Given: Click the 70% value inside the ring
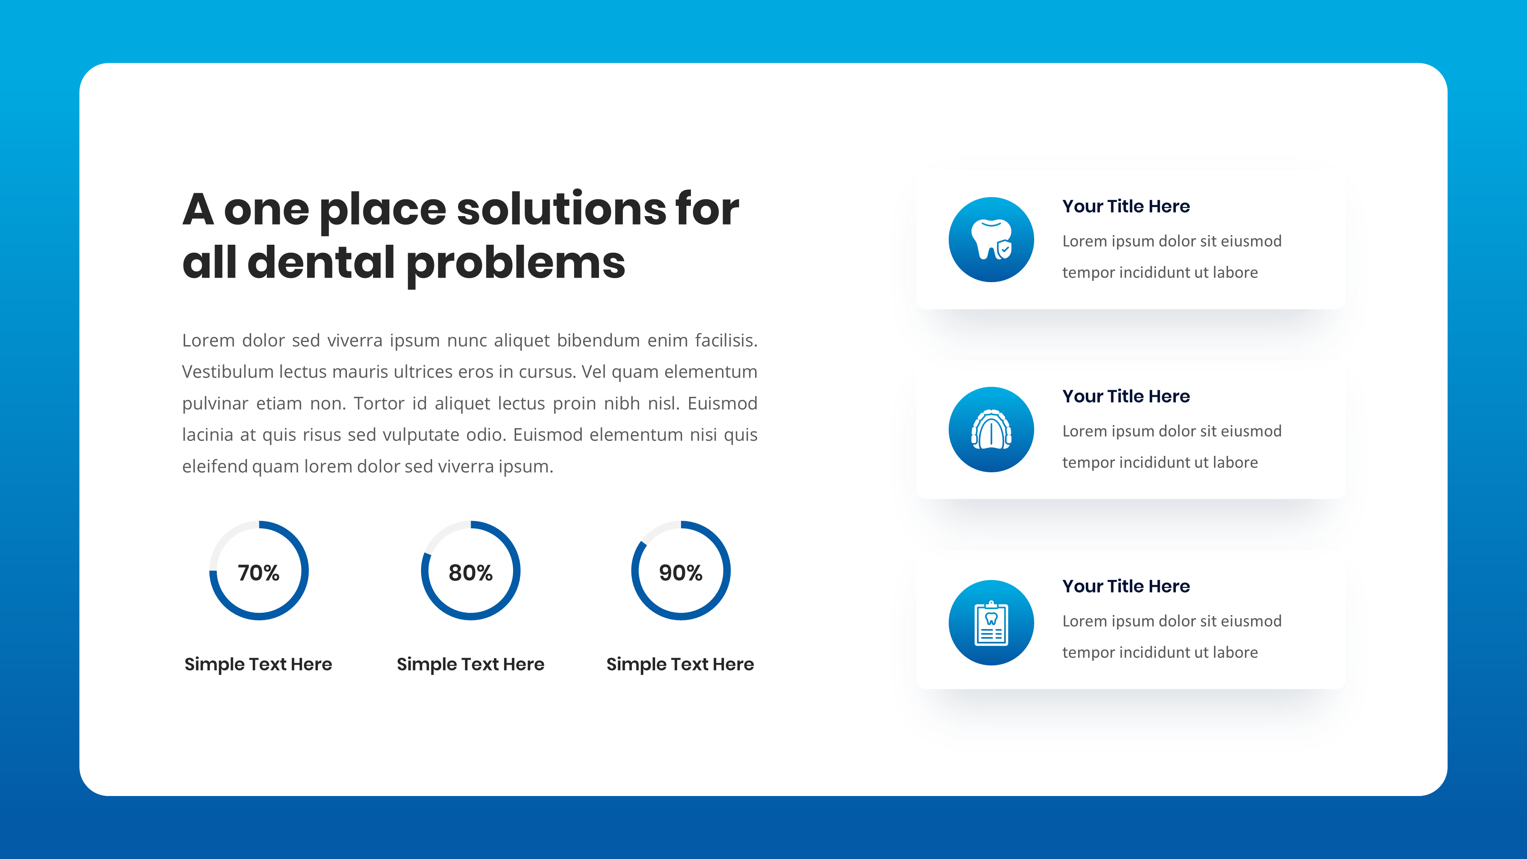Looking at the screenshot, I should pos(258,573).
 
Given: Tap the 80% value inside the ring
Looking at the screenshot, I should pos(470,573).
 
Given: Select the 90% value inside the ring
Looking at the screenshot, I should pos(681,573).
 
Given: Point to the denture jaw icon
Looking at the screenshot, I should pos(991,430).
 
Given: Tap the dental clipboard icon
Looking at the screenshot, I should pos(991,622).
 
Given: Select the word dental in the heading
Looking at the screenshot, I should pos(321,263).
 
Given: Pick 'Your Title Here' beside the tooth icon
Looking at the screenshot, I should pos(1126,206).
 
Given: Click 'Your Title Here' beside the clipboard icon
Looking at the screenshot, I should pos(1126,586).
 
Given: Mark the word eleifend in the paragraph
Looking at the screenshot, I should pos(215,467).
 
